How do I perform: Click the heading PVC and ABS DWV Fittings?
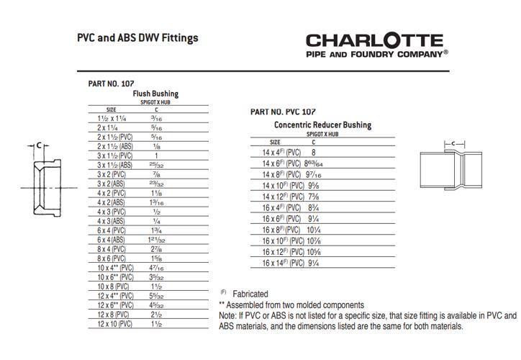coord(137,37)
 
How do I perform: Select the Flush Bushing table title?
coord(155,94)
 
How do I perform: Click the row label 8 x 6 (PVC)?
coord(113,258)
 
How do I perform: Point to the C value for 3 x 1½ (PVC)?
coord(155,155)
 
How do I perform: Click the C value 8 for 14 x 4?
coord(313,153)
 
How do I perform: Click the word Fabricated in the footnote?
coord(250,294)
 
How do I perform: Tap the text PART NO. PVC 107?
coord(283,112)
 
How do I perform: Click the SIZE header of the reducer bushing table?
coord(275,142)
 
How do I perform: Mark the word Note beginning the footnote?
coord(227,315)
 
